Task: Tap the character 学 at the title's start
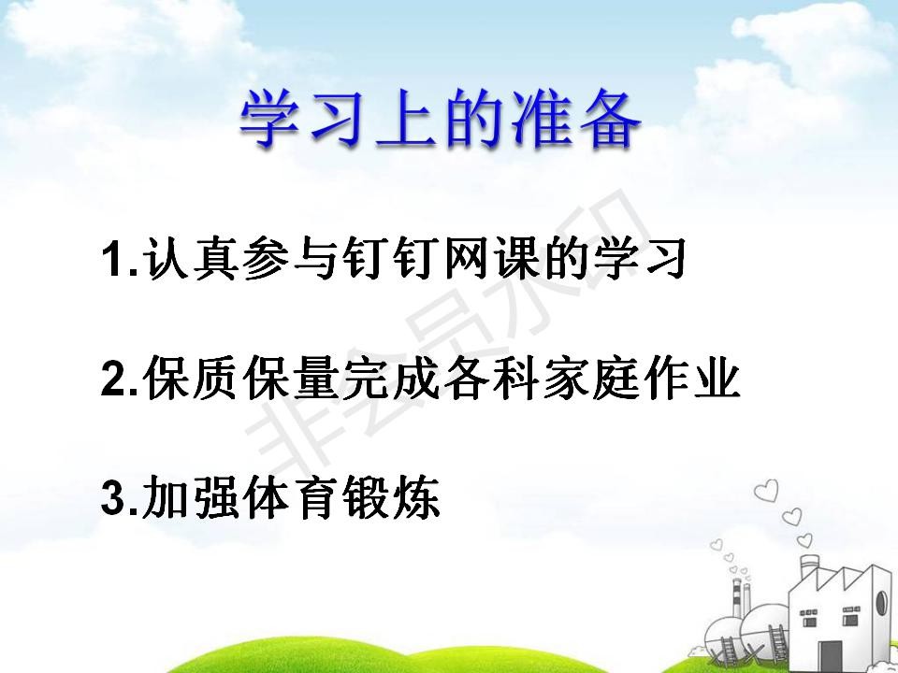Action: tap(269, 121)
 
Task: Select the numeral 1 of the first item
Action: tap(112, 259)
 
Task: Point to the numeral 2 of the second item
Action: tap(114, 378)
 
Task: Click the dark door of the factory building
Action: tap(830, 656)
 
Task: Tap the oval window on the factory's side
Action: tap(881, 603)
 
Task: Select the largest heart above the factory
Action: tap(766, 491)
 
